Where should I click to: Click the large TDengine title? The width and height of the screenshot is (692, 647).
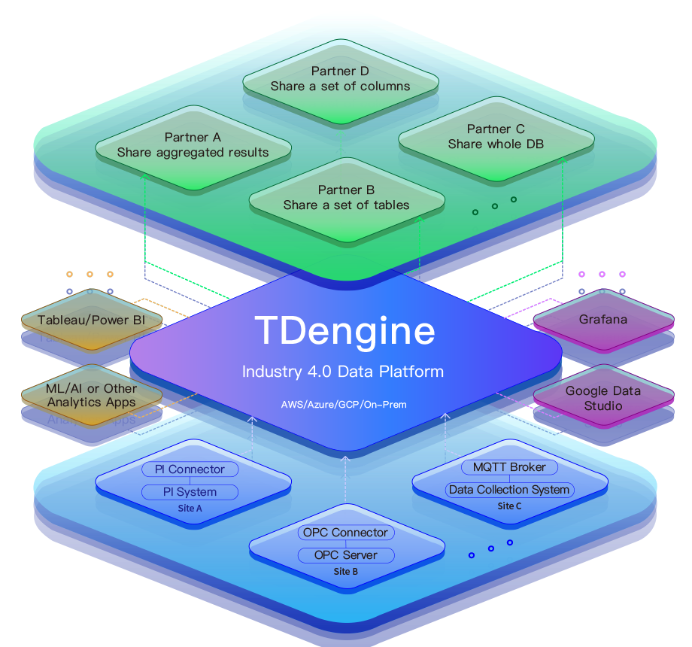point(344,330)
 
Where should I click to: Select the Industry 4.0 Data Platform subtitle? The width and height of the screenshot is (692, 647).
point(342,372)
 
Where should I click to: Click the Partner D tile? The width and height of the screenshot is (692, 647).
point(340,79)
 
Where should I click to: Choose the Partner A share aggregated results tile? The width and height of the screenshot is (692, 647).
point(193,145)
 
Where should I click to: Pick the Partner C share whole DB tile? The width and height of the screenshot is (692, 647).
point(496,136)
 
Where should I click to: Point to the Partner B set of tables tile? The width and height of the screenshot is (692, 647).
point(346,198)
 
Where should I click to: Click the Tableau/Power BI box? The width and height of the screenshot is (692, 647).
point(90,320)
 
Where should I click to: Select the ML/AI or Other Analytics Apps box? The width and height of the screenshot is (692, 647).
point(92,395)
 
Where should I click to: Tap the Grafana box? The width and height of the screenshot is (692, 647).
point(603,319)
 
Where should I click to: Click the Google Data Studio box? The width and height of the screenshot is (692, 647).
point(603,398)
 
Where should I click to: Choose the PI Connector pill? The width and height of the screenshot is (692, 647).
point(190,469)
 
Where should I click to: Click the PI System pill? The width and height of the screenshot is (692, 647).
point(190,492)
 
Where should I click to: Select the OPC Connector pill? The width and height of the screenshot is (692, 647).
point(345,533)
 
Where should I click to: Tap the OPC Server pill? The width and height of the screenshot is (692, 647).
point(345,555)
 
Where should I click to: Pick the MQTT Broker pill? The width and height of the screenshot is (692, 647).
point(509,467)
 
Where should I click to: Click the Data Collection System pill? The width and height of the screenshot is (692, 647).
point(509,490)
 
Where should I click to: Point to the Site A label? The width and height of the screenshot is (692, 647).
point(190,509)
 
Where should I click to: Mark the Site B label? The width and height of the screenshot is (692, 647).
point(345,572)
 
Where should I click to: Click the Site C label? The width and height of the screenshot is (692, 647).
point(509,506)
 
